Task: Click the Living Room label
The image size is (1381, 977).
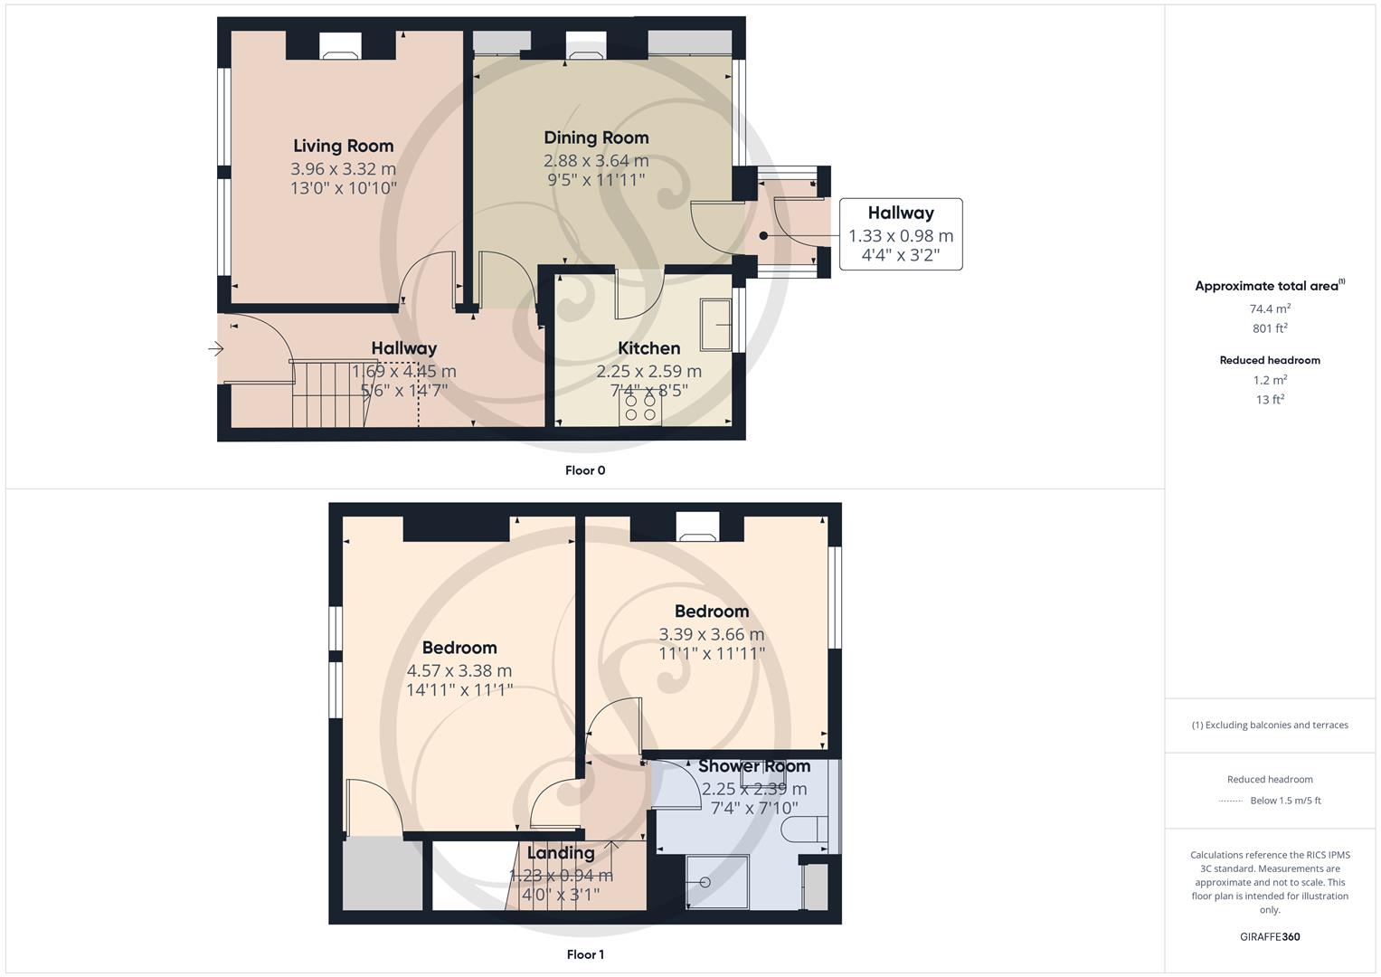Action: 343,146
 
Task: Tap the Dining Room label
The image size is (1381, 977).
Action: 596,138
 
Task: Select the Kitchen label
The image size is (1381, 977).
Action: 648,348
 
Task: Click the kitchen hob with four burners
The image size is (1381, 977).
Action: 640,407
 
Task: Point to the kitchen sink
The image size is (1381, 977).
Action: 714,324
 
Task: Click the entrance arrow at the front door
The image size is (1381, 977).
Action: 215,348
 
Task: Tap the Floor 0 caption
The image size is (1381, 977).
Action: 585,470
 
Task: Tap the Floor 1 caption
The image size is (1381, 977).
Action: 585,954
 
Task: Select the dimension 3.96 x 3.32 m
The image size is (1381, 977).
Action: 343,169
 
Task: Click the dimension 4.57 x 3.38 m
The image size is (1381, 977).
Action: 459,671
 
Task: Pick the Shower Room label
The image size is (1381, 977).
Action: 753,766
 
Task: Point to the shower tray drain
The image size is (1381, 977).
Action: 705,882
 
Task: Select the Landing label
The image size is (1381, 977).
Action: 561,853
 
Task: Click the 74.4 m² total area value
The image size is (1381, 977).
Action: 1270,308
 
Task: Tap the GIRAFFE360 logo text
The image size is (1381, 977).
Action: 1270,936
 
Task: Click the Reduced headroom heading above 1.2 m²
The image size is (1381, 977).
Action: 1270,360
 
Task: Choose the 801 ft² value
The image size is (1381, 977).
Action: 1270,328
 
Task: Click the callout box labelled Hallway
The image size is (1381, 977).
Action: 901,234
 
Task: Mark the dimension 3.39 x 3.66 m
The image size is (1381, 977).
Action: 712,635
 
